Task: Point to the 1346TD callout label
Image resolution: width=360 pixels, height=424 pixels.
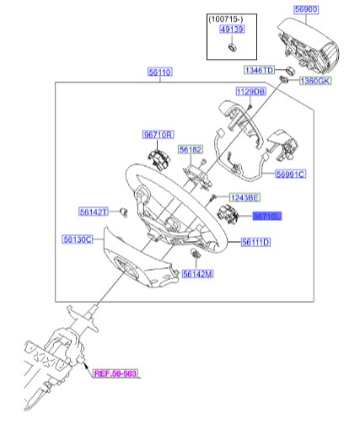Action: click(x=260, y=68)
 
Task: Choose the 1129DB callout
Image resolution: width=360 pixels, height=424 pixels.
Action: click(x=250, y=91)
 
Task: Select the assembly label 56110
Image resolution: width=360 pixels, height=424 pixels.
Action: click(x=160, y=73)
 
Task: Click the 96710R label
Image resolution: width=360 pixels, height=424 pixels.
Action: click(x=158, y=135)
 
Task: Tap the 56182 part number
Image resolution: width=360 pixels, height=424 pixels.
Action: click(x=191, y=149)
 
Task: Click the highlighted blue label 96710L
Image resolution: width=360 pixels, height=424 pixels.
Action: click(x=266, y=217)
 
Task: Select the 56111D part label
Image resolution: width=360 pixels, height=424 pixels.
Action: click(x=255, y=243)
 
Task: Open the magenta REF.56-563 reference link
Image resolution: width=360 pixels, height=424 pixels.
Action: click(x=115, y=373)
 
